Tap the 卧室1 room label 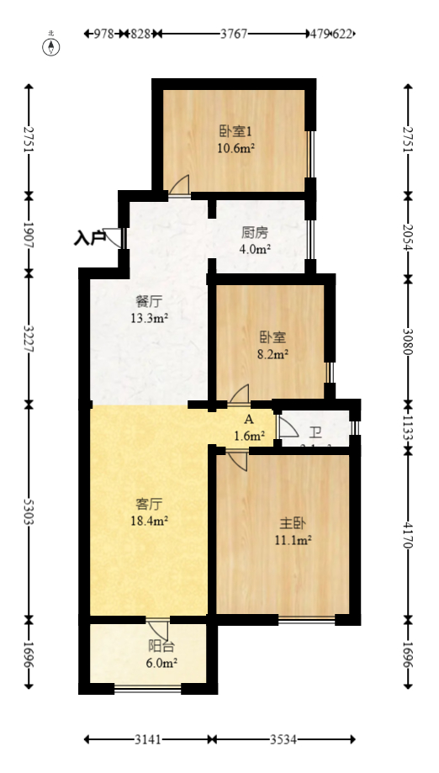235,131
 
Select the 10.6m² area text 235,147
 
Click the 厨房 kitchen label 255,233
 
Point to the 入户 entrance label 90,238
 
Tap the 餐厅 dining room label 149,301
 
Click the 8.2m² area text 272,354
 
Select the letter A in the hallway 249,419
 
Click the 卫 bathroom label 315,433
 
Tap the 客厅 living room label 149,505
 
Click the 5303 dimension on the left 29,510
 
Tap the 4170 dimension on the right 409,535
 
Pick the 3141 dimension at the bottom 148,740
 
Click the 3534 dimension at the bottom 286,740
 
